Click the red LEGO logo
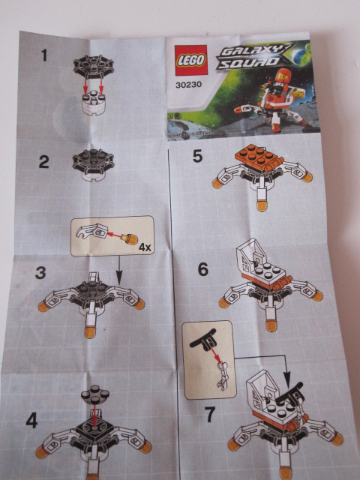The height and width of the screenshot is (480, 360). coord(187,61)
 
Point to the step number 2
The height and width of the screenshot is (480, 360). coord(43,160)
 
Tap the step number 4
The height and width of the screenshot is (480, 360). coord(31,420)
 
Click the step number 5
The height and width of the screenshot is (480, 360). coord(198,157)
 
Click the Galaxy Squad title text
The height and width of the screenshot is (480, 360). coord(240,57)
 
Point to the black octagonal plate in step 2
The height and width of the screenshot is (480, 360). coord(94,160)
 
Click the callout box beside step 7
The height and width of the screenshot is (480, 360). coord(209,359)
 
